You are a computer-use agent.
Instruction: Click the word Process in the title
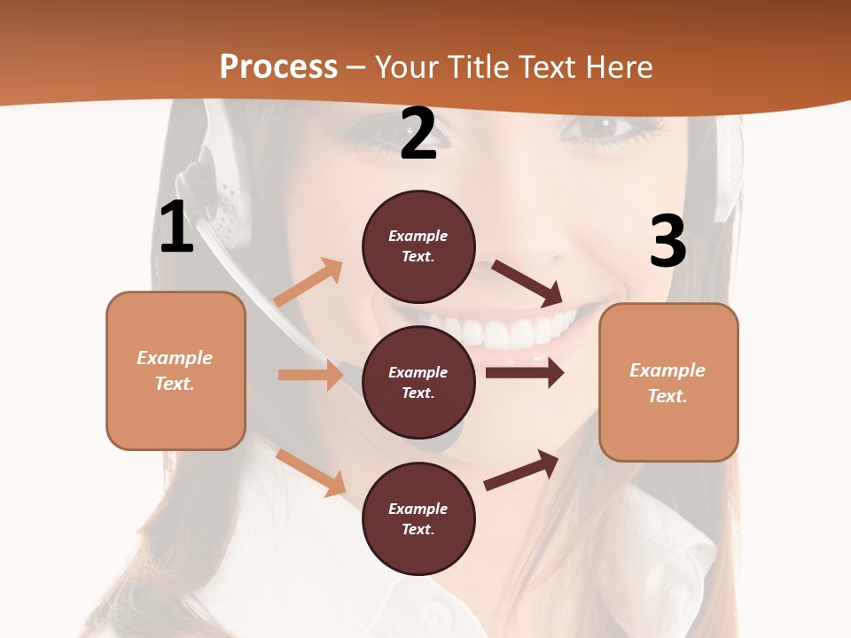pos(278,67)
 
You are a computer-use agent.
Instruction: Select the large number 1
pos(176,227)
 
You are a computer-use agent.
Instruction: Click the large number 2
pos(418,134)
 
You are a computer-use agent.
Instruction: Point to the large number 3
pos(668,241)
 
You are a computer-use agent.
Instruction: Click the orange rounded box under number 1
pos(176,370)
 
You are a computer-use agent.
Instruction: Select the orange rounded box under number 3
pos(668,382)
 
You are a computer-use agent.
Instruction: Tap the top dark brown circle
pos(418,246)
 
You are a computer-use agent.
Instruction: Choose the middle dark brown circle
pos(418,382)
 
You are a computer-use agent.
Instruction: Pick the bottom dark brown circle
pos(418,518)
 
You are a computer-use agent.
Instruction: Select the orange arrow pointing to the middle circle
pos(310,375)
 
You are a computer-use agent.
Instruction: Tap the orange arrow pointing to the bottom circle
pos(311,471)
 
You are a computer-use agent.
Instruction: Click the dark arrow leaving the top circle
pos(528,283)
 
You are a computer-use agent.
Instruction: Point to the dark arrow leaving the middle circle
pos(525,373)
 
